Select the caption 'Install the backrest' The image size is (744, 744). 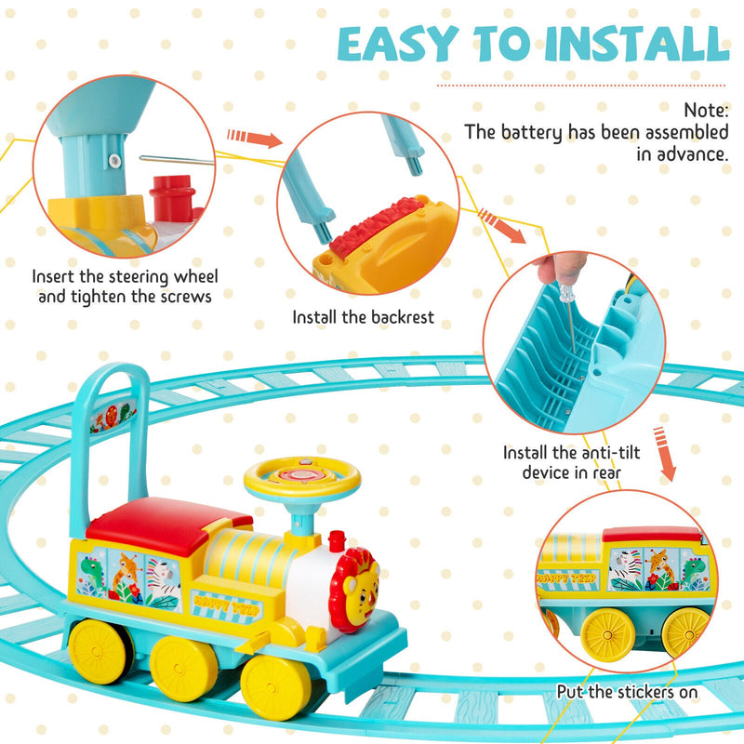(x=364, y=317)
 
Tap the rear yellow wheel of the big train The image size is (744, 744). (x=98, y=649)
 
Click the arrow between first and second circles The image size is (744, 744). (x=253, y=139)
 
